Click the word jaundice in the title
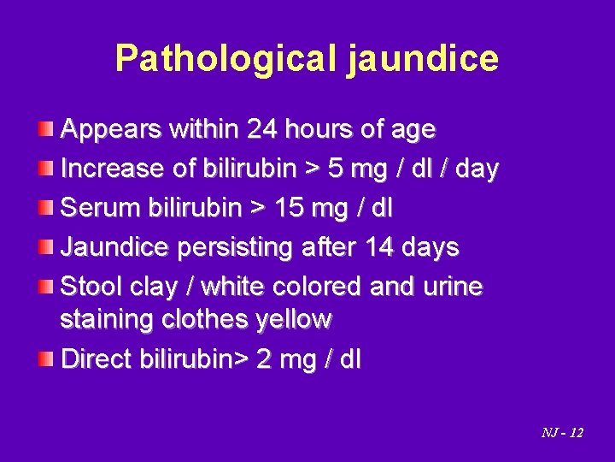click(423, 58)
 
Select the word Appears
click(111, 129)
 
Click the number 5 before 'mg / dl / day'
click(337, 169)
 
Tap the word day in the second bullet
click(476, 169)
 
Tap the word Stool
click(91, 287)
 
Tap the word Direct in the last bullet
click(96, 359)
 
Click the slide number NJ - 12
click(562, 433)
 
